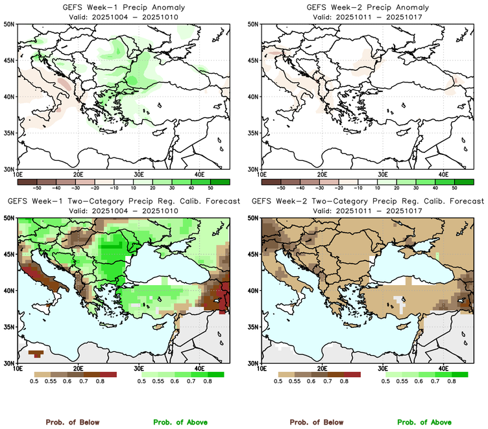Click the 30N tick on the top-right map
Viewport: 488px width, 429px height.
254,168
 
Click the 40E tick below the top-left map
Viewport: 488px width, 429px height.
199,174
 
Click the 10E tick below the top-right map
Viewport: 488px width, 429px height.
262,174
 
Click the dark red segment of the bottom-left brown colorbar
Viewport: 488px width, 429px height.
108,375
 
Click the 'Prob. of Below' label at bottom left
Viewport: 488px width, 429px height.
72,422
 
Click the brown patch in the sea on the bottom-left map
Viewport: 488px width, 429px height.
36,353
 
